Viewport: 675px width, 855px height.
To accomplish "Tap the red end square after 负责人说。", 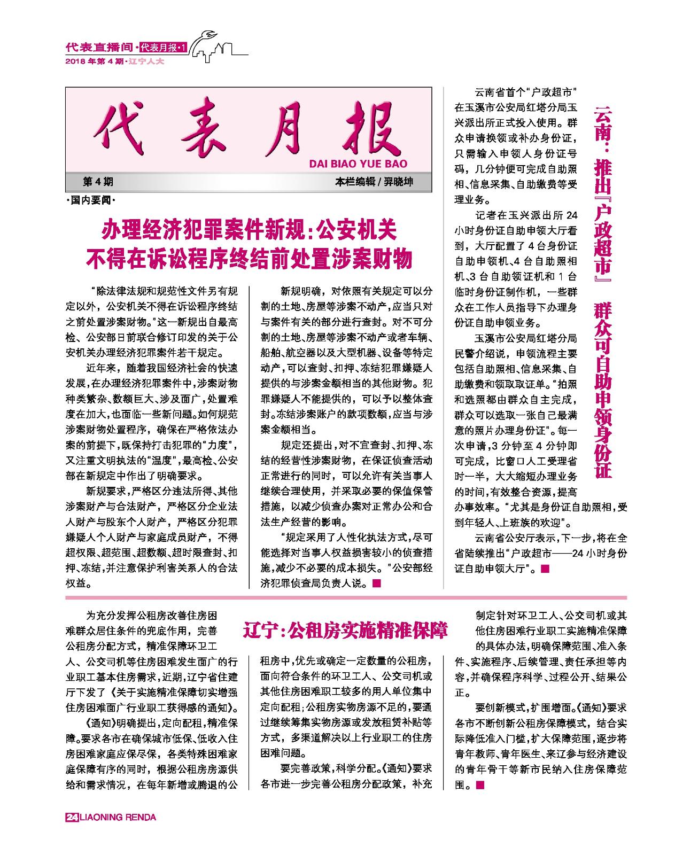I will [x=376, y=584].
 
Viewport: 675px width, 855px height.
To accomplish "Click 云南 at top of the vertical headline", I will [x=604, y=127].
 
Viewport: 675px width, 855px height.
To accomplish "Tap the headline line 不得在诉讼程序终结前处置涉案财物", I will [x=249, y=259].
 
